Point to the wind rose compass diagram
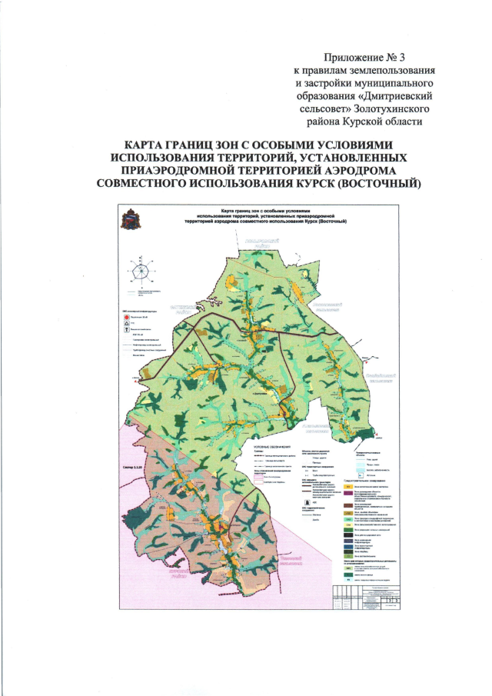pos(141,274)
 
